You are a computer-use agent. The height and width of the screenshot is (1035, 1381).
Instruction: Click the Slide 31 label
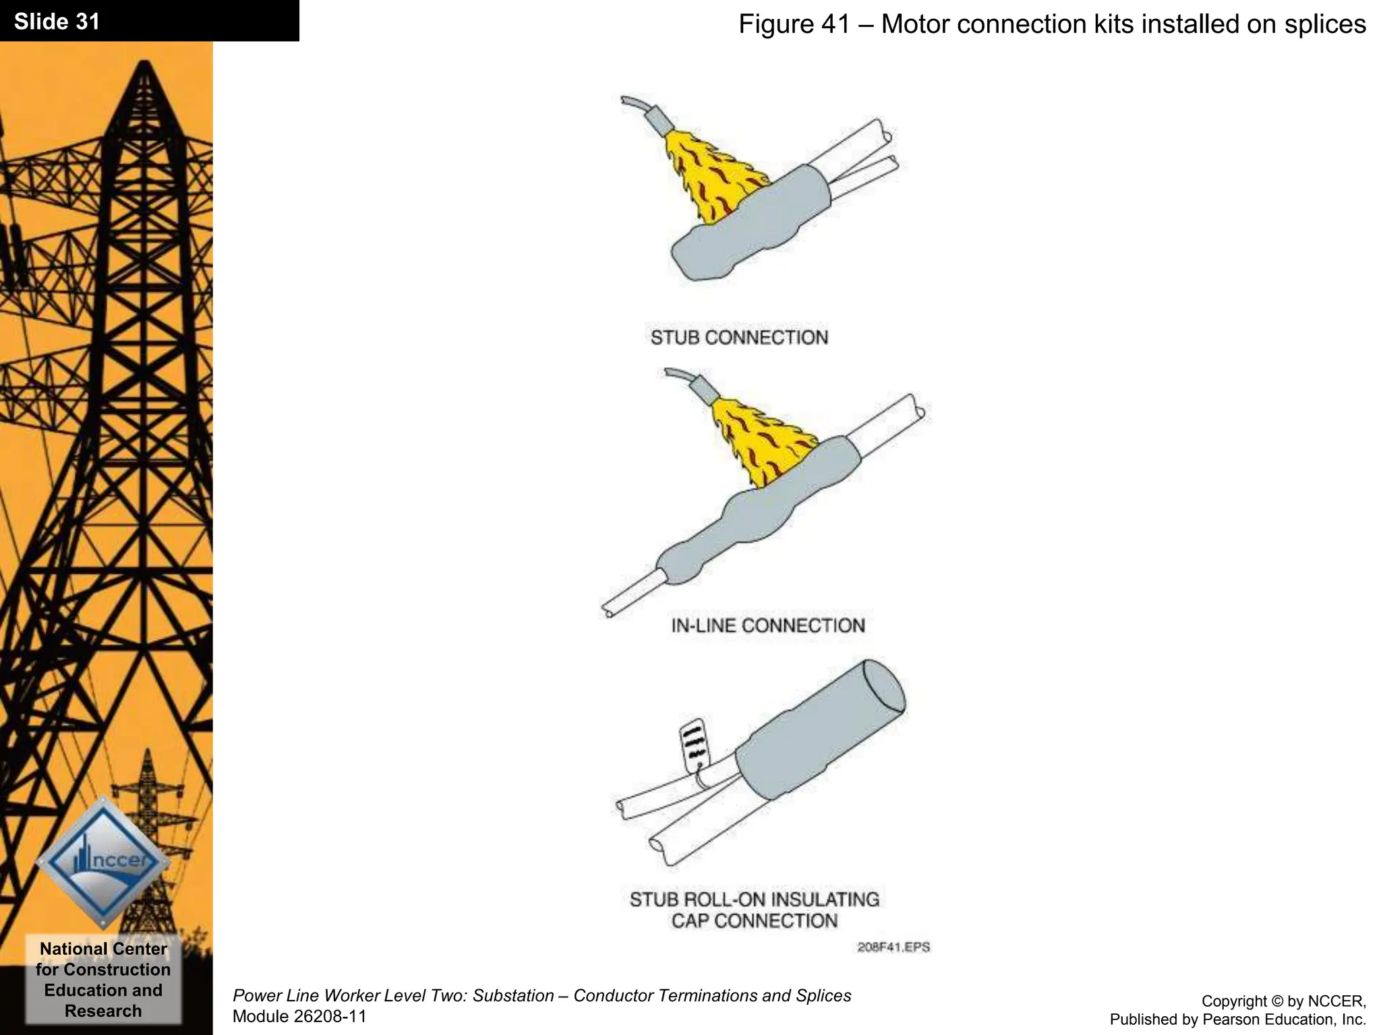tap(57, 22)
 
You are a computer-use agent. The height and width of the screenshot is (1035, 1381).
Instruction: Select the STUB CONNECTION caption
tap(739, 337)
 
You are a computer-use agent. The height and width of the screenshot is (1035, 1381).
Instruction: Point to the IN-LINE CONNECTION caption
tap(767, 625)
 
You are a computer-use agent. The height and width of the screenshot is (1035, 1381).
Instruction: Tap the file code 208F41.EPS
tap(893, 947)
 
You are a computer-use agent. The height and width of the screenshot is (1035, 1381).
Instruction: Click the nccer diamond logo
tap(103, 862)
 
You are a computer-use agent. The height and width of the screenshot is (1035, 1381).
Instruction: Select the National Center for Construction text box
tap(103, 979)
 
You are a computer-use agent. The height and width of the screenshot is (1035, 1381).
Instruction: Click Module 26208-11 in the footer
tap(299, 1016)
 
